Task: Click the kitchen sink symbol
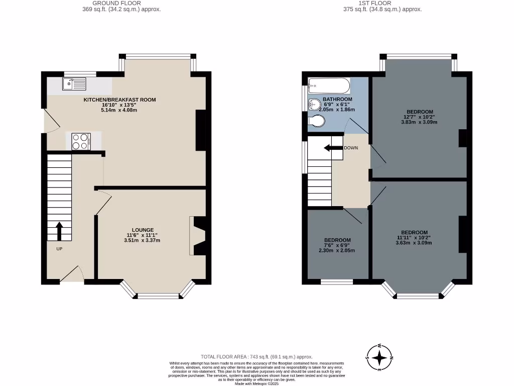(74, 84)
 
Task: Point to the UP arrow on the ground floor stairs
(59, 232)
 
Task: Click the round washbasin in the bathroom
(314, 105)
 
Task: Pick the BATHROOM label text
(337, 100)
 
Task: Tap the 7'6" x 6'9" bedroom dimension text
(337, 245)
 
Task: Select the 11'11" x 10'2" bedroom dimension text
(414, 238)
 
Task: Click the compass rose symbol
(380, 357)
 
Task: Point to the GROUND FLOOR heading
(109, 3)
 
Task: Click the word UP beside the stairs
(59, 249)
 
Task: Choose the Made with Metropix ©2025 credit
(257, 383)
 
